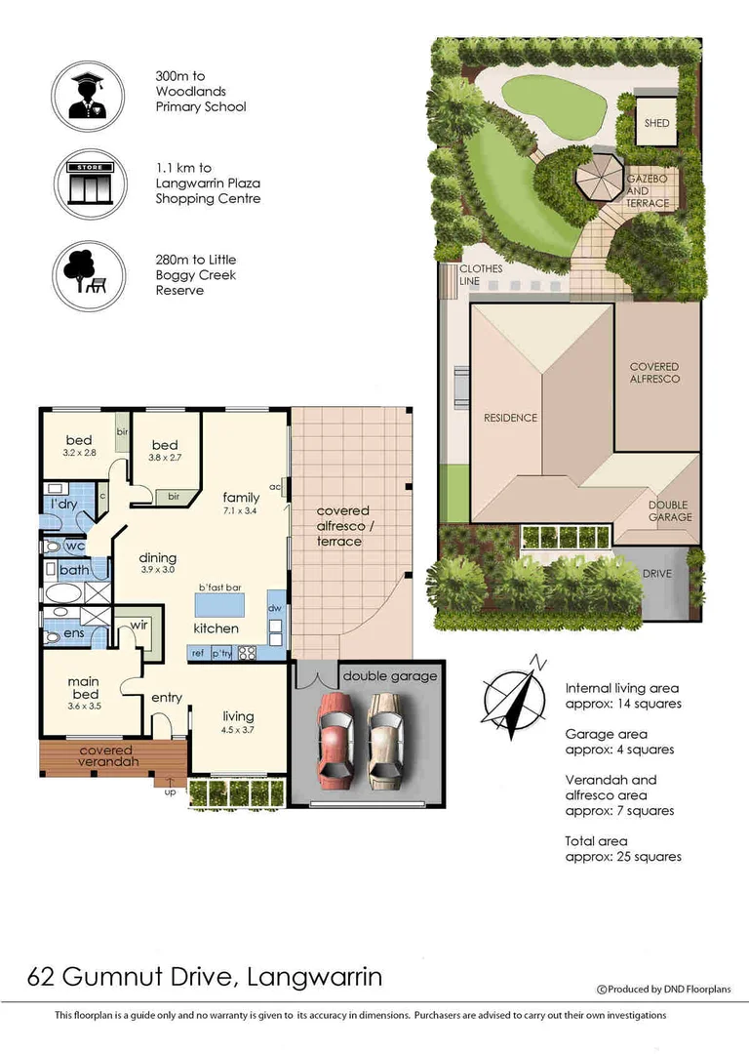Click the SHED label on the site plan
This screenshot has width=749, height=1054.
(x=656, y=123)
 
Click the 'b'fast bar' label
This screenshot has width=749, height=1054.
(x=218, y=587)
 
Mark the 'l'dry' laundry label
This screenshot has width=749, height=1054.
(x=64, y=504)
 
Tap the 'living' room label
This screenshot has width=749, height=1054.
(x=237, y=717)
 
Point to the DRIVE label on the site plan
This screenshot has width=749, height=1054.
(x=656, y=574)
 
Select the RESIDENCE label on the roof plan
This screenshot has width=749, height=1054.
(x=510, y=418)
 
